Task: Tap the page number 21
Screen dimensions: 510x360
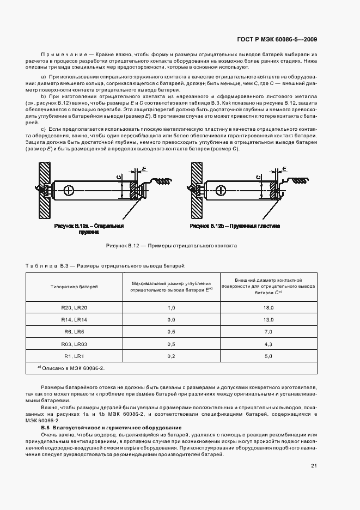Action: point(314,465)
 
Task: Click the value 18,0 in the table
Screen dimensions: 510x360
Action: point(268,308)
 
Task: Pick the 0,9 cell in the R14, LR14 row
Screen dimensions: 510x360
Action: point(171,320)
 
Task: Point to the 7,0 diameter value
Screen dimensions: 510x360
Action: point(268,332)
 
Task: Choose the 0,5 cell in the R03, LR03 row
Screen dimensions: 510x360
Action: point(171,344)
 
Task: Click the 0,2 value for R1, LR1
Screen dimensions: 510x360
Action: point(171,356)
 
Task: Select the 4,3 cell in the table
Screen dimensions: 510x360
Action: point(268,344)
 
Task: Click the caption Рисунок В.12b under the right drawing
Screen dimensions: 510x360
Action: point(235,226)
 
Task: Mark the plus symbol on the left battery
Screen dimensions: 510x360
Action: point(69,190)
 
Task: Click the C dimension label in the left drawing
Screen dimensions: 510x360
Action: point(119,176)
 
